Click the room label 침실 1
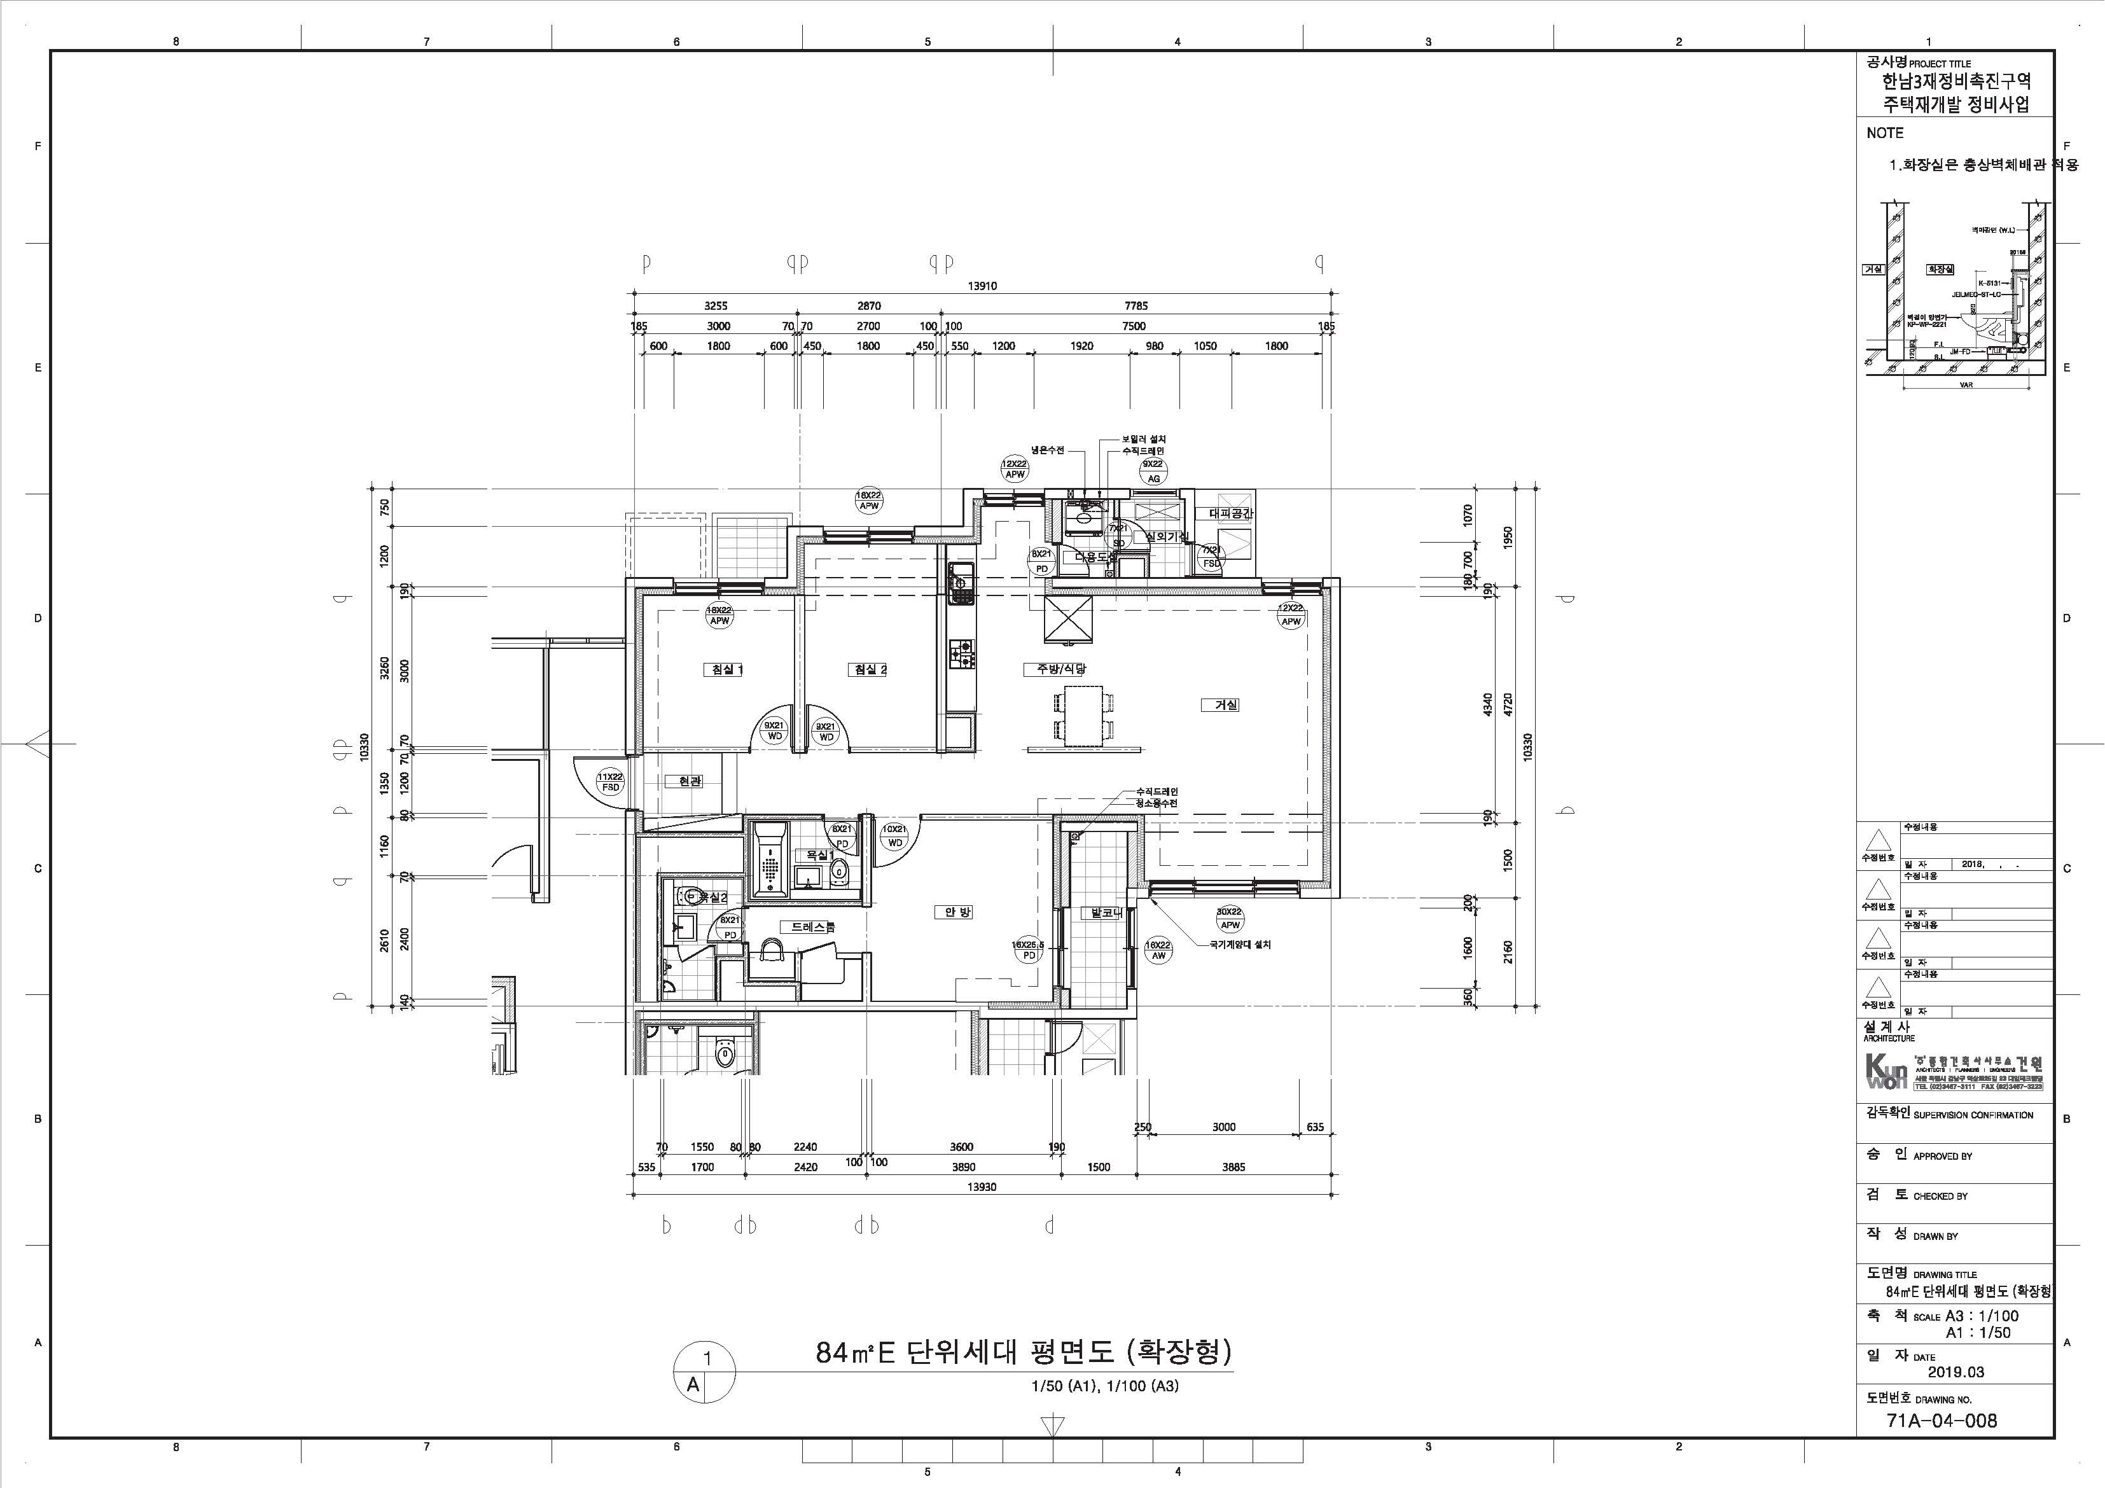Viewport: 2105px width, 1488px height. tap(723, 670)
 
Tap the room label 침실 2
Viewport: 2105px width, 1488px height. tap(869, 670)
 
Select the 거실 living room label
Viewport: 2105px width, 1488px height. tap(1226, 705)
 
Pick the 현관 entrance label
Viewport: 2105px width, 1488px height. tap(690, 781)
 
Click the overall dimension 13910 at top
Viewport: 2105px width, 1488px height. tap(982, 286)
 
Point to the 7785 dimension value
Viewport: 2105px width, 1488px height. tap(1135, 306)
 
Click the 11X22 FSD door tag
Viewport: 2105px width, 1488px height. tap(609, 782)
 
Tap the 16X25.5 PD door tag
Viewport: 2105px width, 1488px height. tap(1029, 950)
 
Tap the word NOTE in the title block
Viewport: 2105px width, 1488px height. tap(1885, 133)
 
